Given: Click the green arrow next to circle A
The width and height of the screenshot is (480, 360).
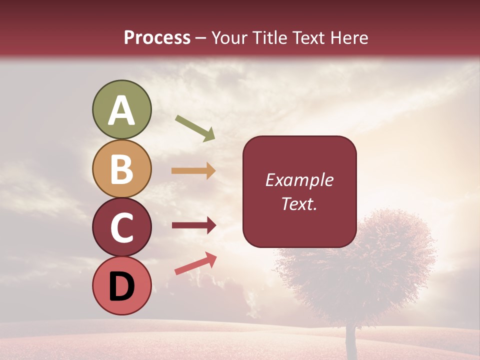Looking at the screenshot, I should [195, 128].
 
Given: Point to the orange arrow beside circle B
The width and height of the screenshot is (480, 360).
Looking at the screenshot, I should [193, 170].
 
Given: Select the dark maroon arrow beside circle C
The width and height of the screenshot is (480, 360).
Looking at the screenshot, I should [194, 225].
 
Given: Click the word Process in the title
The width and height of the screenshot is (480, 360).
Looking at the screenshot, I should [157, 37].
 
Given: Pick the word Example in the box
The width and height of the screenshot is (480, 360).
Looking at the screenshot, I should [299, 180].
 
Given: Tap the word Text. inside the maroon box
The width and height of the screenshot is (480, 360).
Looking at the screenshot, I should [299, 204].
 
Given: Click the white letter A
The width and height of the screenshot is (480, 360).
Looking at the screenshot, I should [121, 111].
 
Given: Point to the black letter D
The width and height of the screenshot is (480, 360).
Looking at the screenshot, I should [121, 286].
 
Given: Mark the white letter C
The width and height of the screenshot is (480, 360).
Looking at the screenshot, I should [121, 227].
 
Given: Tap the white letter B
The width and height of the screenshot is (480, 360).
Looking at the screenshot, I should [121, 169].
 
